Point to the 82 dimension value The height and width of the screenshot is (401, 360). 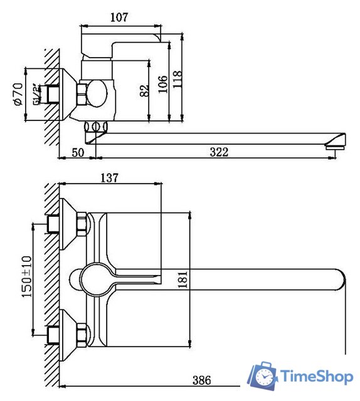[145, 91]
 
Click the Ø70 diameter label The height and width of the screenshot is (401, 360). [18, 93]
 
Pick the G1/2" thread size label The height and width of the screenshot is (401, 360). [38, 93]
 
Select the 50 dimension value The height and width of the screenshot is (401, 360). [77, 152]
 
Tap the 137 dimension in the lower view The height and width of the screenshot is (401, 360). [109, 178]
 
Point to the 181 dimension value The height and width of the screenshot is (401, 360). [183, 279]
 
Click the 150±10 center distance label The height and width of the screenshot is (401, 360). [26, 276]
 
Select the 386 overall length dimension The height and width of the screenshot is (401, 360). [201, 380]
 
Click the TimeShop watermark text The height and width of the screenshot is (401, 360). [316, 377]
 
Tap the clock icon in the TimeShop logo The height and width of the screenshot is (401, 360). [265, 377]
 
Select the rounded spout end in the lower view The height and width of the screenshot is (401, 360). [339, 279]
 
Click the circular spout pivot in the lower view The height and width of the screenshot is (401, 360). [95, 278]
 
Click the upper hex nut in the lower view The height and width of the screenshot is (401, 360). [81, 224]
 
